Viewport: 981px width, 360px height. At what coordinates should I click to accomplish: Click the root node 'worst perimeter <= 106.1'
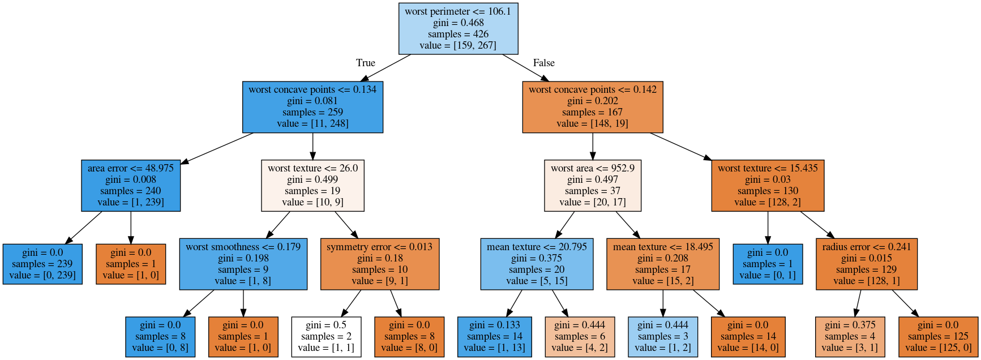point(459,29)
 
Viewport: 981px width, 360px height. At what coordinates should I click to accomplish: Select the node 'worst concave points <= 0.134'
point(312,107)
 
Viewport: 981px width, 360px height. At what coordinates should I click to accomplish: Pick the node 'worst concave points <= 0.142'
point(593,107)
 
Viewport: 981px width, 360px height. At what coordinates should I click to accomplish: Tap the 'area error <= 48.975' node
point(131,186)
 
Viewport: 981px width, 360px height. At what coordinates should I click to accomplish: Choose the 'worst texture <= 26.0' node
point(312,186)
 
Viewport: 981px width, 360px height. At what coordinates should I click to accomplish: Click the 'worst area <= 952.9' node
point(593,186)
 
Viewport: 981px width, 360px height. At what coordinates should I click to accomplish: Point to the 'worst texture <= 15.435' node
point(768,186)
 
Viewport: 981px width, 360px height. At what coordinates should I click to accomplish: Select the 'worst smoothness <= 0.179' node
point(243,264)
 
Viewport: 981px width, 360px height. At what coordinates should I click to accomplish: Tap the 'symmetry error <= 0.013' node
point(379,264)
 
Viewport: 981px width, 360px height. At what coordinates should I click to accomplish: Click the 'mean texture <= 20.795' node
point(537,264)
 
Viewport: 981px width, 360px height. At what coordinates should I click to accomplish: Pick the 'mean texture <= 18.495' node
point(663,264)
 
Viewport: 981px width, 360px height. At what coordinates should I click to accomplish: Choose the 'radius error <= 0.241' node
point(867,264)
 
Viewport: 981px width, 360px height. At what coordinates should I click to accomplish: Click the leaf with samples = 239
point(42,264)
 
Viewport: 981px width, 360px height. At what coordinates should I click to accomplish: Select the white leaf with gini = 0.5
point(326,337)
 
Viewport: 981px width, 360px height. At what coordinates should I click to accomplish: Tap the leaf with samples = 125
point(939,337)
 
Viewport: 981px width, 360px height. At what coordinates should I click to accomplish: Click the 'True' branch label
point(366,63)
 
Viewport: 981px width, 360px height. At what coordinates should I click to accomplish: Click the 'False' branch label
point(544,63)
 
